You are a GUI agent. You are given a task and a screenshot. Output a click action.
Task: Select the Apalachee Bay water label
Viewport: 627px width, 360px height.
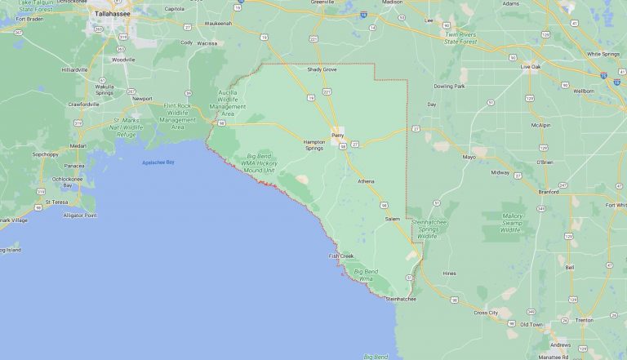pos(158,162)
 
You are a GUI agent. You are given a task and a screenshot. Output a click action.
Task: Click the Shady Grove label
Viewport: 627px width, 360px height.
pos(321,70)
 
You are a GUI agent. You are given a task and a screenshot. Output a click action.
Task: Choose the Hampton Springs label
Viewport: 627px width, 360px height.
pos(314,144)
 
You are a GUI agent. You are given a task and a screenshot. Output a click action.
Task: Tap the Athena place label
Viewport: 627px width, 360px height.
pos(366,181)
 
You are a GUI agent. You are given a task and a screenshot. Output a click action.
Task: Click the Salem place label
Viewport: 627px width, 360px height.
pos(393,219)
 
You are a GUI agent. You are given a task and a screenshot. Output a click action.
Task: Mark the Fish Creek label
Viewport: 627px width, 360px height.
pos(340,256)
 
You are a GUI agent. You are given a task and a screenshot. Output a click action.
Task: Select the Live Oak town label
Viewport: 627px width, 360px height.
pos(531,66)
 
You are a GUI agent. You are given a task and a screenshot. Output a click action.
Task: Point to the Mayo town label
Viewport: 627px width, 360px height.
pos(469,157)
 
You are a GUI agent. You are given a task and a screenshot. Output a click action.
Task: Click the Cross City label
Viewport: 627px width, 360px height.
pos(486,313)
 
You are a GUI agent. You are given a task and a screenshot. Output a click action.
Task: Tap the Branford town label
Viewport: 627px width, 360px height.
pos(549,192)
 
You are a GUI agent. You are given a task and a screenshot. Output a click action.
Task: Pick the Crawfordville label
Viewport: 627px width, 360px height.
pos(83,104)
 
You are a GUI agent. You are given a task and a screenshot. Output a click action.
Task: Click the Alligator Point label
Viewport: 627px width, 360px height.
pos(79,216)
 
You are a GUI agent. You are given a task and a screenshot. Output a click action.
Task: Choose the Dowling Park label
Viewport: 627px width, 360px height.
pos(449,86)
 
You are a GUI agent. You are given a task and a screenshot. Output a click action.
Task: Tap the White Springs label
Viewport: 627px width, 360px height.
pos(603,54)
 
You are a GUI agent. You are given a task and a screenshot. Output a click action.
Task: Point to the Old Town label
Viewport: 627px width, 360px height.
pos(531,324)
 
